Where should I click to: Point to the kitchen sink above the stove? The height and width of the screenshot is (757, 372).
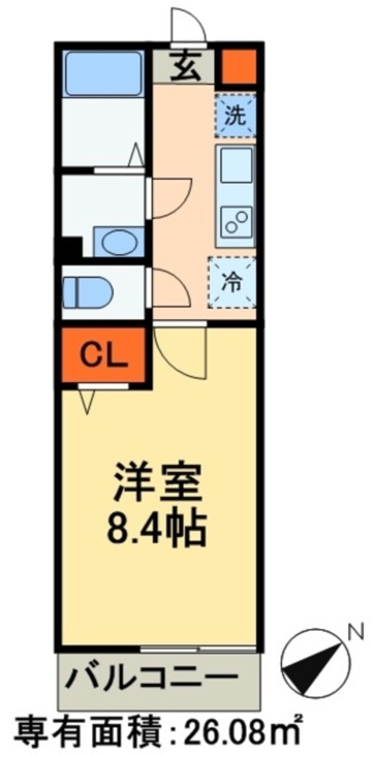coord(236,165)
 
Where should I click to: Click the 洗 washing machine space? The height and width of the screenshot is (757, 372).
coord(235,115)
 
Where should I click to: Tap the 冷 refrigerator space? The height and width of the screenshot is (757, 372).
coord(232,282)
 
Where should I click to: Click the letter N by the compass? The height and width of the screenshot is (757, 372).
coord(355,633)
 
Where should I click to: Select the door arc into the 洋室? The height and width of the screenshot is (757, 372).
coord(180,353)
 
